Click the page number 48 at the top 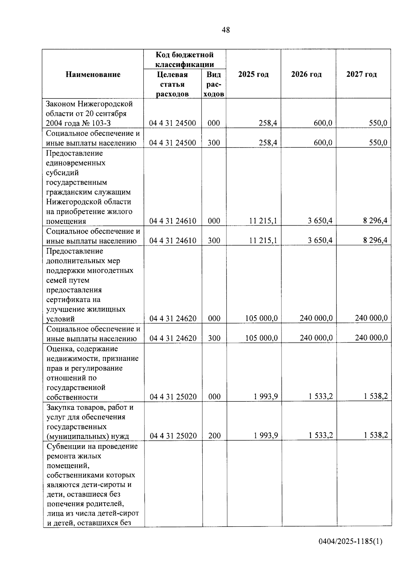226,30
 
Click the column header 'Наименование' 93,74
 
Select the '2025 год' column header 253,74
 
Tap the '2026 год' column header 306,74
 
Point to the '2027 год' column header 361,74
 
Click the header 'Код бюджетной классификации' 184,59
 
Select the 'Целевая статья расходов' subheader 172,84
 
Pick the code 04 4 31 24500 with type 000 173,123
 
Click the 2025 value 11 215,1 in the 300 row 263,240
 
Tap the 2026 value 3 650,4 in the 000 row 320,221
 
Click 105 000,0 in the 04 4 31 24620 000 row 261,318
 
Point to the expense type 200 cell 214,436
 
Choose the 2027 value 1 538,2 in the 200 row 376,435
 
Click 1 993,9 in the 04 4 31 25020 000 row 266,396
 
